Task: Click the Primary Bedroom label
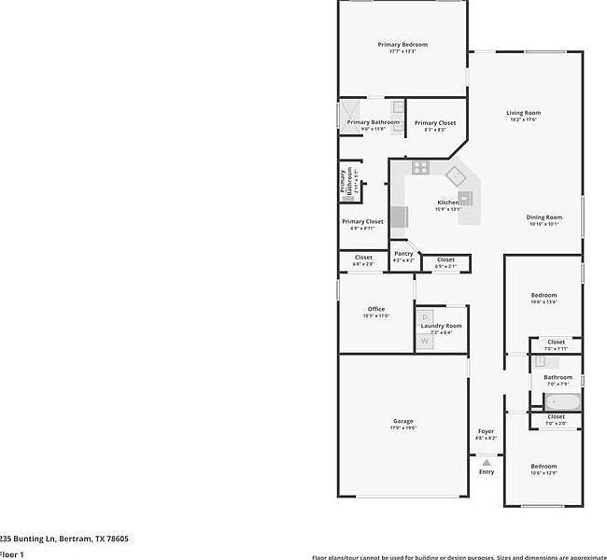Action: pyautogui.click(x=402, y=45)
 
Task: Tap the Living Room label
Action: pyautogui.click(x=524, y=113)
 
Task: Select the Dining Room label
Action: pyautogui.click(x=543, y=217)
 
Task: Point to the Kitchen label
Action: pyautogui.click(x=448, y=203)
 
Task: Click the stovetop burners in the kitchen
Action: pyautogui.click(x=420, y=168)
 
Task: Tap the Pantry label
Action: pyautogui.click(x=403, y=254)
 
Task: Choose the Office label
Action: pyautogui.click(x=376, y=309)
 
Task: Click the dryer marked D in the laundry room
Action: pyautogui.click(x=425, y=317)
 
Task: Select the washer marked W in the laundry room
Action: pyautogui.click(x=425, y=342)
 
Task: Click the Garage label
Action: pyautogui.click(x=402, y=422)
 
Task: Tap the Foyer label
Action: pyautogui.click(x=486, y=431)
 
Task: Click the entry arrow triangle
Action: pyautogui.click(x=486, y=460)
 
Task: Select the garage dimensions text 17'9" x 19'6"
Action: pyautogui.click(x=402, y=429)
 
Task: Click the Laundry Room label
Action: pyautogui.click(x=441, y=326)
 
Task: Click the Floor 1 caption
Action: pyautogui.click(x=12, y=554)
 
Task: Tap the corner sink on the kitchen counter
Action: pyautogui.click(x=455, y=175)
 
